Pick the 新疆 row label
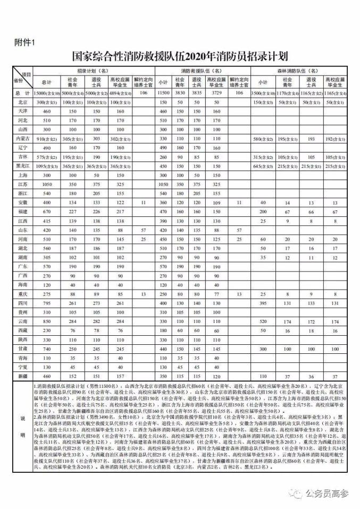[22, 376]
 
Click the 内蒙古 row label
[22, 138]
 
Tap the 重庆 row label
[22, 293]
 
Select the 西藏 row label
[22, 330]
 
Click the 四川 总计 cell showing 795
[46, 303]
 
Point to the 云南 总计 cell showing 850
[46, 321]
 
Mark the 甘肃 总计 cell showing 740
[46, 349]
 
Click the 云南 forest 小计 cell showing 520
[262, 321]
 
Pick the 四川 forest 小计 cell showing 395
[262, 303]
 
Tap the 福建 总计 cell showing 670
[46, 211]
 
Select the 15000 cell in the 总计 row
[46, 92]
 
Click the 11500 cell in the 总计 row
[163, 92]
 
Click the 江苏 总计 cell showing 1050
[46, 184]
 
